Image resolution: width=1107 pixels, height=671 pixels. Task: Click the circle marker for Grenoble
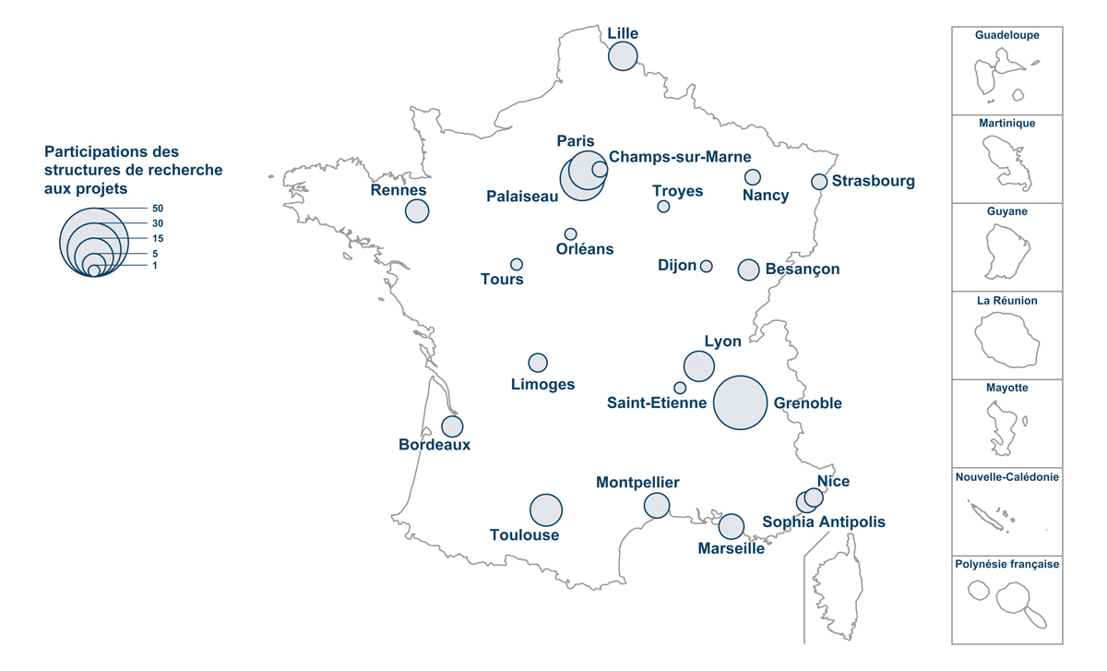click(741, 403)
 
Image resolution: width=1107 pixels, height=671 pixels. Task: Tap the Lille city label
click(623, 34)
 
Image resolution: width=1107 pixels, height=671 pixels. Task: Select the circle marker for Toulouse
click(546, 509)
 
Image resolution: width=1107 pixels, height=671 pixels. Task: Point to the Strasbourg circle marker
click(819, 182)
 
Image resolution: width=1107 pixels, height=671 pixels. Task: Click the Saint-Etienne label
click(657, 403)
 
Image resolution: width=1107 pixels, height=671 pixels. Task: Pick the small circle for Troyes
click(663, 206)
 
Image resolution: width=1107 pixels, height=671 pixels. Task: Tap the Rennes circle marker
click(417, 210)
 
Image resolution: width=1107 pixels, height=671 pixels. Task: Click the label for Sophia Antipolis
click(824, 522)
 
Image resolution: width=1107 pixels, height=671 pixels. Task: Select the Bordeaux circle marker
click(452, 426)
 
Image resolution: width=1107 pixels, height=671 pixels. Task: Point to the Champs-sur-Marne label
click(680, 157)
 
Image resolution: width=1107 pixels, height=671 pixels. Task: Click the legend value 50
click(158, 209)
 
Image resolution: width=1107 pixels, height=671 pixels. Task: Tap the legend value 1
click(155, 266)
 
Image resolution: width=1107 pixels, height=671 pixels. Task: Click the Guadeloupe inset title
click(1007, 35)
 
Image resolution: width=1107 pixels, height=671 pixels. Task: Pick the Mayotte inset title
click(1007, 389)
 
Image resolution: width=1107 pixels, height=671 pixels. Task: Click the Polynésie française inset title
click(1007, 564)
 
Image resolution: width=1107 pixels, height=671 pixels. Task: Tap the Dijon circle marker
click(707, 266)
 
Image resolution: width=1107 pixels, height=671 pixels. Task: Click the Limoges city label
click(542, 385)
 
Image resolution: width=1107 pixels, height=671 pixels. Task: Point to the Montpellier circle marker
click(657, 505)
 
